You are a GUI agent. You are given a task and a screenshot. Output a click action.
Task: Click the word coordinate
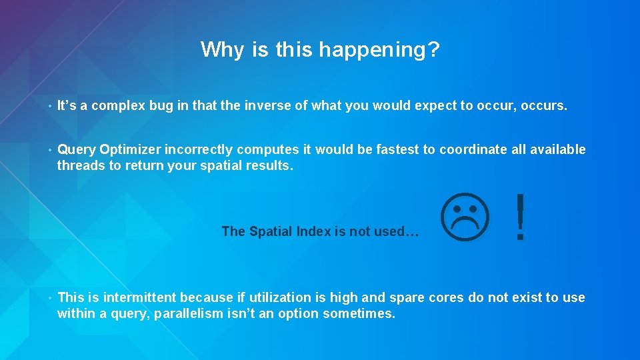(471, 149)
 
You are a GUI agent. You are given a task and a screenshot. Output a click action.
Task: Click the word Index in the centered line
(313, 231)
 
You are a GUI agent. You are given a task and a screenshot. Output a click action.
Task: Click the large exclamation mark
(521, 218)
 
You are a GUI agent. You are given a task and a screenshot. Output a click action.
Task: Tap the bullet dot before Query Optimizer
(49, 150)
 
